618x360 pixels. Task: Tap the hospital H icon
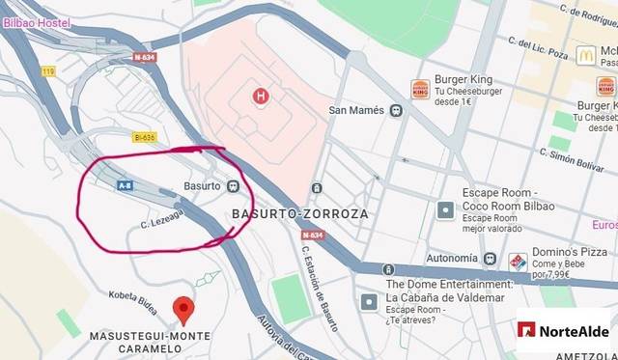pyautogui.click(x=259, y=96)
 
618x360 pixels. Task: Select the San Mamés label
pyautogui.click(x=357, y=110)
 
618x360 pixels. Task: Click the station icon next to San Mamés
pyautogui.click(x=396, y=110)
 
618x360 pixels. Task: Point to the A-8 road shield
pyautogui.click(x=125, y=184)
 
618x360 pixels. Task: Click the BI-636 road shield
pyautogui.click(x=144, y=138)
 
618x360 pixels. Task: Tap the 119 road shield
pyautogui.click(x=48, y=71)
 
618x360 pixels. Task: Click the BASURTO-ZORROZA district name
pyautogui.click(x=300, y=213)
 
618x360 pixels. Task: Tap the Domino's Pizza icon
pyautogui.click(x=519, y=262)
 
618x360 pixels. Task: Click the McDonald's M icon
pyautogui.click(x=585, y=55)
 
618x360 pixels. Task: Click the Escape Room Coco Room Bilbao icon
pyautogui.click(x=445, y=208)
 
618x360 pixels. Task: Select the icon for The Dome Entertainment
pyautogui.click(x=369, y=302)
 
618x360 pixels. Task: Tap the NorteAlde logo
pyautogui.click(x=565, y=331)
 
